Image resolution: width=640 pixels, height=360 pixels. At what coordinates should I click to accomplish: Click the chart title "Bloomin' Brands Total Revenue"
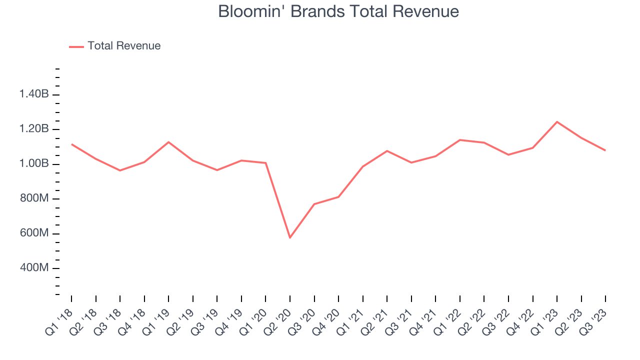(338, 11)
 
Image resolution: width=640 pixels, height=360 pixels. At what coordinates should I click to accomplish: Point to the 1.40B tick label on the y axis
(34, 94)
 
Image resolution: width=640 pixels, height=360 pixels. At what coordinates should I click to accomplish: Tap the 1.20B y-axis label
(34, 129)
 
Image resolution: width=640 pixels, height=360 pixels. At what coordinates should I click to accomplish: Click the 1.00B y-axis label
(34, 164)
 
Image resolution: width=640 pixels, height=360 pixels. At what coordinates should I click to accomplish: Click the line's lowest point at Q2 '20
(290, 237)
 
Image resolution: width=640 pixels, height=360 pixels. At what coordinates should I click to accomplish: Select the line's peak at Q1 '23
(557, 122)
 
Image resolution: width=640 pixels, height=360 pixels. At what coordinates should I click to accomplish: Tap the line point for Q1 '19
(168, 142)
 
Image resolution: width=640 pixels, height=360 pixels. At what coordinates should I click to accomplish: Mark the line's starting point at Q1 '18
(71, 144)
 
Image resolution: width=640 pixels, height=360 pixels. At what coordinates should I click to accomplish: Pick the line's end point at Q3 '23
(605, 150)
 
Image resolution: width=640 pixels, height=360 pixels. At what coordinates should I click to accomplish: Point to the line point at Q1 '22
(460, 140)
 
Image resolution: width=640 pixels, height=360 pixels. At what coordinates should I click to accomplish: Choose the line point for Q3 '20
(314, 204)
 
